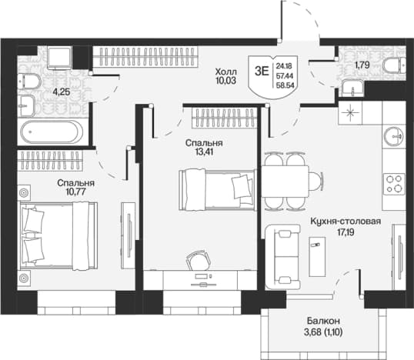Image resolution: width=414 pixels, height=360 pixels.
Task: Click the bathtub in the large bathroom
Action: click(53, 132)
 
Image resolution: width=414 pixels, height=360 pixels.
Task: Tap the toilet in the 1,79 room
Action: click(395, 65)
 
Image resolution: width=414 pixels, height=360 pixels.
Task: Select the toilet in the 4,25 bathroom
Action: click(29, 81)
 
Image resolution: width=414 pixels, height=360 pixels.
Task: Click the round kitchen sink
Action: click(395, 136)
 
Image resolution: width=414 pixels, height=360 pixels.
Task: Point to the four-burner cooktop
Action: click(394, 184)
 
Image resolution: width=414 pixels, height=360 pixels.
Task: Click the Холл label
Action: click(226, 72)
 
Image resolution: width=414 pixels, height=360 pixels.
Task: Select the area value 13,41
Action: click(204, 152)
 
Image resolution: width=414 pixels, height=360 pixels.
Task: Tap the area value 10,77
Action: click(76, 192)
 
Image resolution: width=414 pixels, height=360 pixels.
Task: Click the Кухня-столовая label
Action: click(346, 222)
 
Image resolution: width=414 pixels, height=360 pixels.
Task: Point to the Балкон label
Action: click(323, 321)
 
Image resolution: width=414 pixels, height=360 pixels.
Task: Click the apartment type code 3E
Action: click(262, 71)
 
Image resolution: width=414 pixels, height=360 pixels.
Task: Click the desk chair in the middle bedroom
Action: click(199, 260)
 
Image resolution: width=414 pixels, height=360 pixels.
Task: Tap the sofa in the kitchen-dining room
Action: click(282, 257)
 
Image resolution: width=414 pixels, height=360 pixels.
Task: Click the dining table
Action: click(285, 181)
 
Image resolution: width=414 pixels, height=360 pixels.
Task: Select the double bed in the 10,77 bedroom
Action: click(58, 236)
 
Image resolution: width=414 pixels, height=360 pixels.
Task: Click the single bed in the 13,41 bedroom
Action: click(217, 190)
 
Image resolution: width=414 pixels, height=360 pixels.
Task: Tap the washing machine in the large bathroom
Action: click(60, 58)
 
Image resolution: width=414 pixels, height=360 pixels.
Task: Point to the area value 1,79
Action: click(362, 65)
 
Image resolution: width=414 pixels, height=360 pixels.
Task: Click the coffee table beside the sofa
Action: click(317, 257)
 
